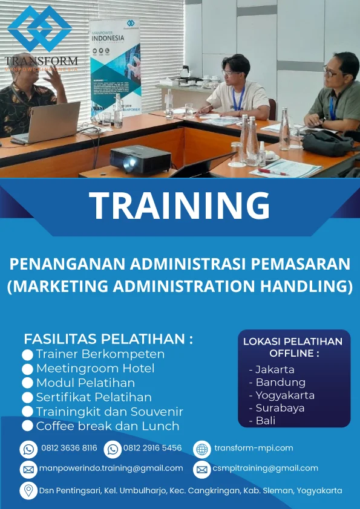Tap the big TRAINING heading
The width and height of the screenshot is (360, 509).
[x=179, y=206]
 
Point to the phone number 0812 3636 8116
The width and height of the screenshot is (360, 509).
[x=69, y=448]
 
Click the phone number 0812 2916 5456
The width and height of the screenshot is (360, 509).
[x=152, y=448]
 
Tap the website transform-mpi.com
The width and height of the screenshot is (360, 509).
[x=254, y=448]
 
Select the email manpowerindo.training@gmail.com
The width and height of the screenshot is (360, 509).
[x=111, y=468]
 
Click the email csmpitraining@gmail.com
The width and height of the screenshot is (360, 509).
[x=266, y=468]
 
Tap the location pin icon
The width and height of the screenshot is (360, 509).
[x=28, y=490]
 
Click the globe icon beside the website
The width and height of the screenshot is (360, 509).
[x=201, y=449]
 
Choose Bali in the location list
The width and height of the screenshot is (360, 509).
[x=266, y=421]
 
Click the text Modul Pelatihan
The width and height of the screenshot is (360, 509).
[x=85, y=383]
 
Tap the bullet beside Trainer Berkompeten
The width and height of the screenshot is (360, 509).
[x=27, y=355]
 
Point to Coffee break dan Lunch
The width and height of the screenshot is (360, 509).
[x=108, y=426]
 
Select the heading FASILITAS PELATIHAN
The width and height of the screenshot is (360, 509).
[x=108, y=339]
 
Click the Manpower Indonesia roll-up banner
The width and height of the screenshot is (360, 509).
[x=115, y=66]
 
